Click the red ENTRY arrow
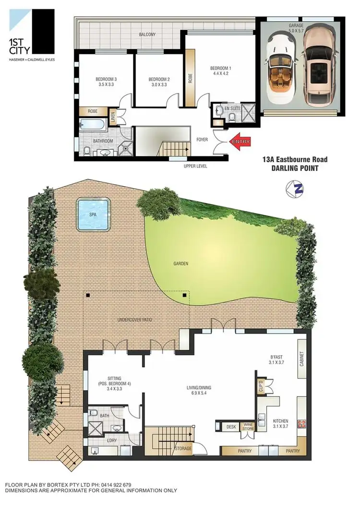click(x=240, y=142)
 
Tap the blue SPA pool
click(x=94, y=214)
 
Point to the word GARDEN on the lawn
click(x=181, y=263)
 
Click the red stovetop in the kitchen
click(x=302, y=424)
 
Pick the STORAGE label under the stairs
click(x=182, y=449)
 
